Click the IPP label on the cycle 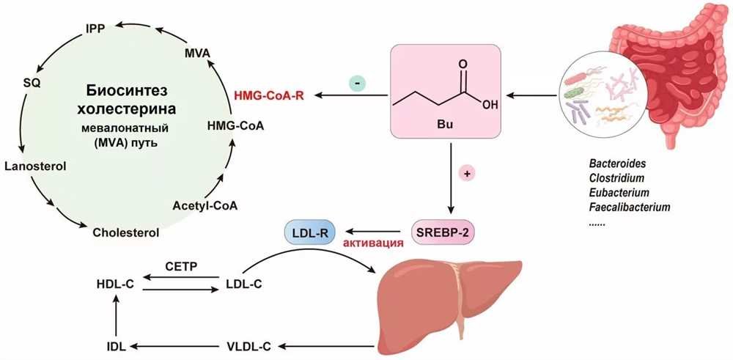[95, 29]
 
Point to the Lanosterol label [35, 166]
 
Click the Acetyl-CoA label [205, 205]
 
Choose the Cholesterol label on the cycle [126, 232]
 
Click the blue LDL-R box [309, 231]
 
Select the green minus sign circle [358, 84]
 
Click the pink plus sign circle [466, 174]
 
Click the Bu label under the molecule [444, 126]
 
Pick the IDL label [115, 347]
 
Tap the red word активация [372, 243]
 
